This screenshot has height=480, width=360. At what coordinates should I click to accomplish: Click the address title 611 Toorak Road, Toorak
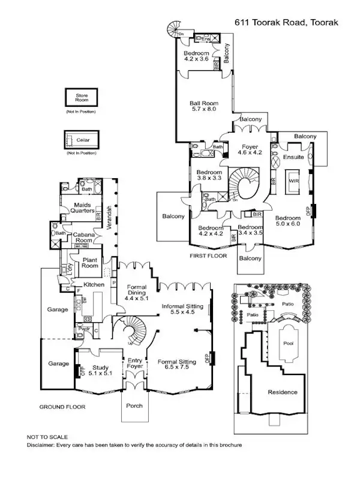(x=287, y=22)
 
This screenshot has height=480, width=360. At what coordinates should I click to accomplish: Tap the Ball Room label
(x=204, y=104)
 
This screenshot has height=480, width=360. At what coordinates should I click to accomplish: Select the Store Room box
(x=82, y=97)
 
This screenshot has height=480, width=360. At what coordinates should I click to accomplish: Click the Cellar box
(x=82, y=140)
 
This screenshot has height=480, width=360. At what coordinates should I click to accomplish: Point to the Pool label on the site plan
(x=289, y=344)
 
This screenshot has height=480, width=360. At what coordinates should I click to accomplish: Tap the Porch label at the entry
(x=134, y=406)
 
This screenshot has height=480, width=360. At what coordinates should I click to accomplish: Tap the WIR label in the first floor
(x=293, y=180)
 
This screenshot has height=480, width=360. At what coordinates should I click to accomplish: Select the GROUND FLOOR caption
(x=62, y=407)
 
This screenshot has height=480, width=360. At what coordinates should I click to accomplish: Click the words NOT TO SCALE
(x=47, y=437)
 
